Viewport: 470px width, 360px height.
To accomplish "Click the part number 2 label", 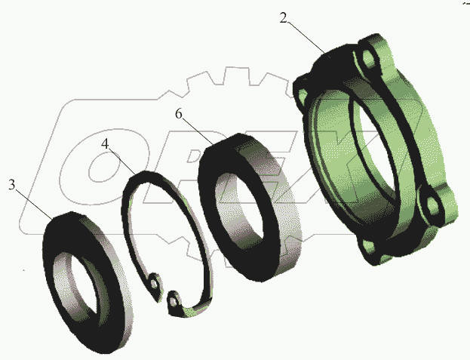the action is (x=283, y=18).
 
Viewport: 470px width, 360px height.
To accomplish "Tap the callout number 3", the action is (x=11, y=185).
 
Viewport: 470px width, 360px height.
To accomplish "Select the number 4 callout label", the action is (x=105, y=144).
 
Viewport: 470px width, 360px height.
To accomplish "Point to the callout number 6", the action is (x=179, y=114).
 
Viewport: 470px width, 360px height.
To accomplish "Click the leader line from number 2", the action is (x=308, y=38).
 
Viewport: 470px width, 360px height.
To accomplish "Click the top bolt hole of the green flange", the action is (x=369, y=58).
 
